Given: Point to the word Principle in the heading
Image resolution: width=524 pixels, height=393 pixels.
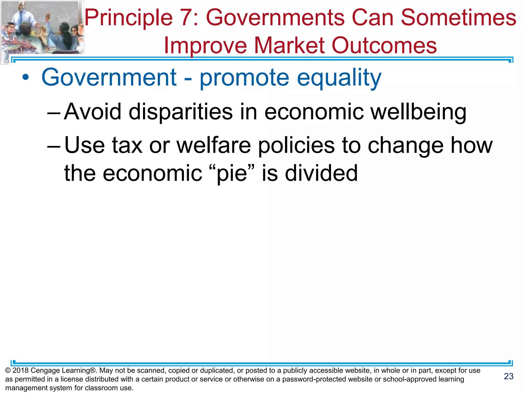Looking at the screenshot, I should (129, 18).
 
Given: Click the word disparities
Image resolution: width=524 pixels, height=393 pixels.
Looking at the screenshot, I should (181, 112).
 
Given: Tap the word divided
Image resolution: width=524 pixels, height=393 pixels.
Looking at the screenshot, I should (321, 173).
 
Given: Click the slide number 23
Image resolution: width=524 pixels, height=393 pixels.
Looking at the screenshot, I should (509, 376).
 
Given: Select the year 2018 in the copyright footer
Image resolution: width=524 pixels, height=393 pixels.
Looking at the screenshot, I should (20, 370).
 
